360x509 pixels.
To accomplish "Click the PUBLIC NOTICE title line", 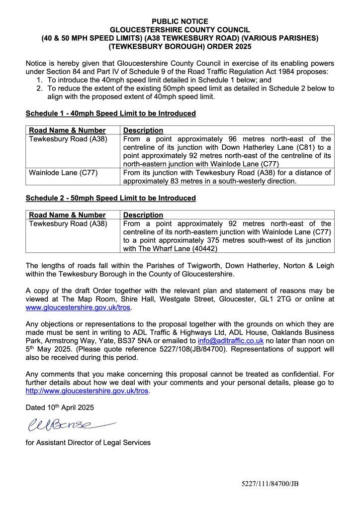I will click(180, 22).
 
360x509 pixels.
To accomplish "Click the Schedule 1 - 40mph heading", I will click(110, 113).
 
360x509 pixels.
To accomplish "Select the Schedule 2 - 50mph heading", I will click(110, 198).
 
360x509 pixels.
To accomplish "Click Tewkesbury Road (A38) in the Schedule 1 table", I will click(68, 139).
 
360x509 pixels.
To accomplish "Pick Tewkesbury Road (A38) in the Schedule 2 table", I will click(68, 223).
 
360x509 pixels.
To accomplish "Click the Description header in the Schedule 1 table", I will click(143, 130).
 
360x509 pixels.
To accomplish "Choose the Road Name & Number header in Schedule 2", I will click(68, 215).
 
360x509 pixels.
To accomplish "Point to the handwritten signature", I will click(67, 425).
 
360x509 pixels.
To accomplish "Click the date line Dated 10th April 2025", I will click(59, 407).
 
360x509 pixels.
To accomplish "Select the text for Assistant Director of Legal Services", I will click(88, 442).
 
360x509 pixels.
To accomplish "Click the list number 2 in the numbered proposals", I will click(39, 88).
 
